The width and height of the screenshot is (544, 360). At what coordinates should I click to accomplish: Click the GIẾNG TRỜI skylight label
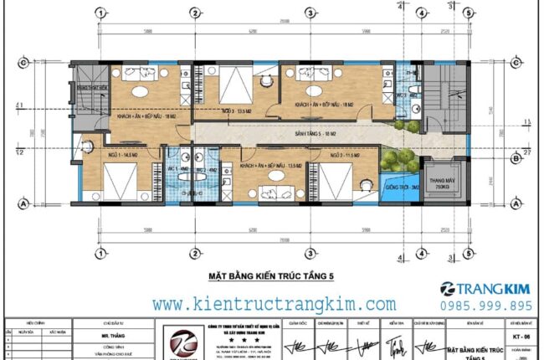pos(398,188)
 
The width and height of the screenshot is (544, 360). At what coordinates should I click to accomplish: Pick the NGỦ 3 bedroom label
pos(233,111)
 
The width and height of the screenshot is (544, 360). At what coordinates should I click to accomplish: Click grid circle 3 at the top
pos(310,13)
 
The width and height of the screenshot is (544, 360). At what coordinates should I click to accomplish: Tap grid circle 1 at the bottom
pos(100,254)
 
